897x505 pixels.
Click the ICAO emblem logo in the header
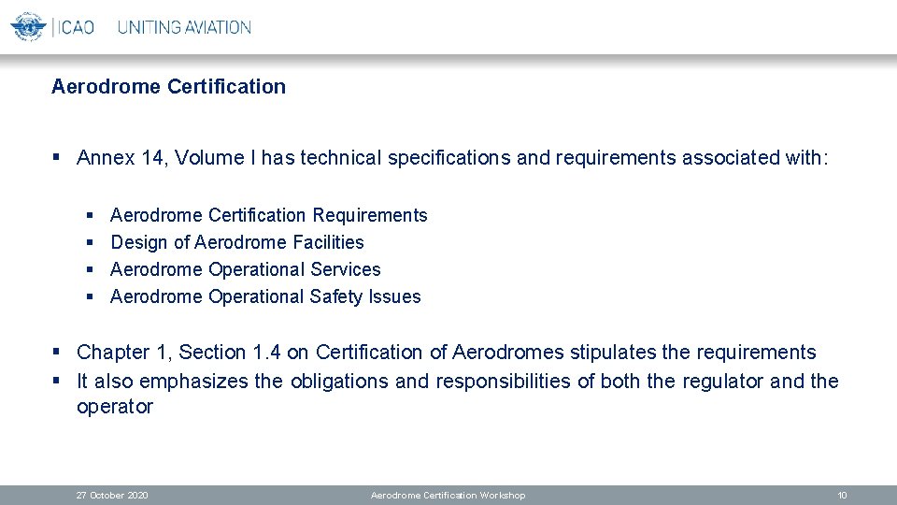28,26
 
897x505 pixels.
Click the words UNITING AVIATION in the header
184,27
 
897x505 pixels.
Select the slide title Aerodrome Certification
168,87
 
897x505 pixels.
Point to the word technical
341,157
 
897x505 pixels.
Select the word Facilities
328,242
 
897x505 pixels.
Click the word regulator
723,381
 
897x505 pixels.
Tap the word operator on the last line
114,407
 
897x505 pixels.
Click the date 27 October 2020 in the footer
112,495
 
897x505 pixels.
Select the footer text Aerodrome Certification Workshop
448,495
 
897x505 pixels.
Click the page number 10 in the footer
842,495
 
